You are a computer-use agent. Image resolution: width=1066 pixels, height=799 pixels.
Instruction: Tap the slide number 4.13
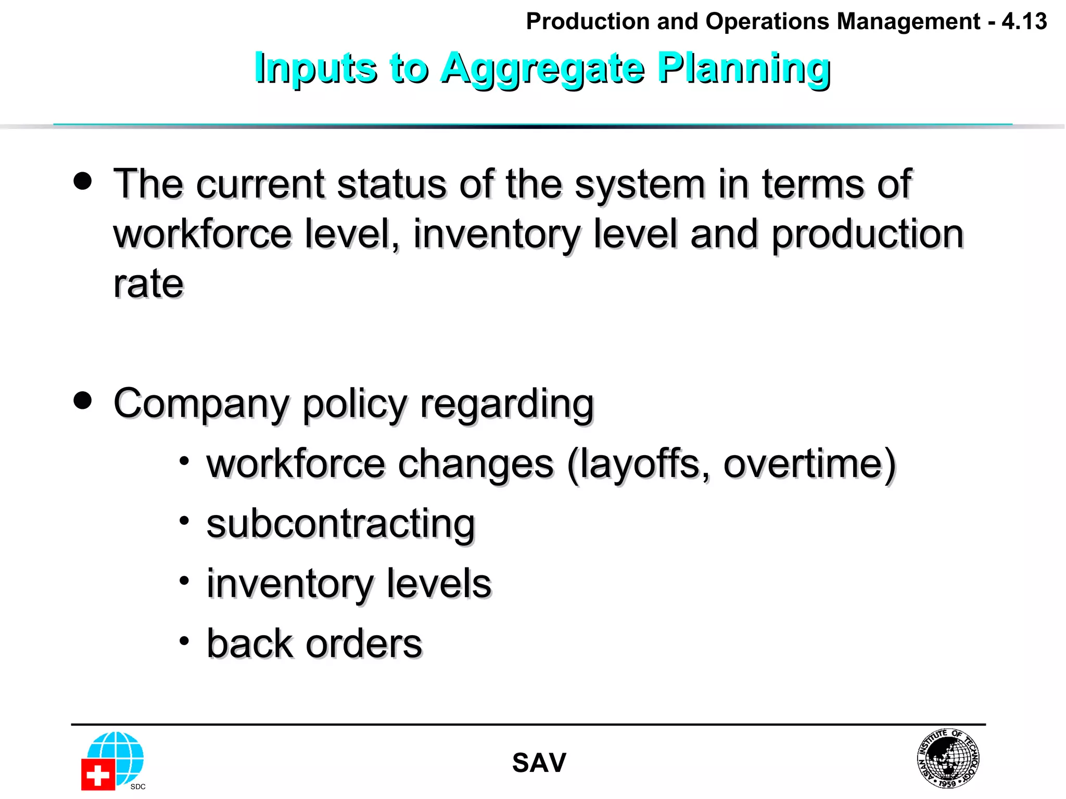[1024, 22]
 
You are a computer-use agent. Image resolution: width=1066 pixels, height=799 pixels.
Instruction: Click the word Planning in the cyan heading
[743, 69]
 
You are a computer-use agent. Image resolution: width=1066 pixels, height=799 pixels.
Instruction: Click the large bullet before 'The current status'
[83, 181]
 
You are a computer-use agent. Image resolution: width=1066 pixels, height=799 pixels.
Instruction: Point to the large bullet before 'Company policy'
[83, 401]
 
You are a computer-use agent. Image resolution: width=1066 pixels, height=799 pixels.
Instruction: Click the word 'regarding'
[506, 405]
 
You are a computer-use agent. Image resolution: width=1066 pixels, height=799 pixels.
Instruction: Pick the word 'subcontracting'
[340, 524]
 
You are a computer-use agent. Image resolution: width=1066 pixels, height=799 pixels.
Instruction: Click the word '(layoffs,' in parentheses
[638, 464]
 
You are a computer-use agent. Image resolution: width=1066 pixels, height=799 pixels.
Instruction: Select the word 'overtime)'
[809, 464]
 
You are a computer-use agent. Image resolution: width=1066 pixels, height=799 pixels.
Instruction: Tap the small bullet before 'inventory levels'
[184, 581]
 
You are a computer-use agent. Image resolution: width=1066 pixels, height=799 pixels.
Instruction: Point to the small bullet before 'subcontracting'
[184, 520]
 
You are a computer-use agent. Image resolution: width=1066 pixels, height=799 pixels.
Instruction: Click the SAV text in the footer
[539, 763]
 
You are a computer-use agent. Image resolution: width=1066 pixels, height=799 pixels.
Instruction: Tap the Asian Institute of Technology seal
[947, 758]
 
